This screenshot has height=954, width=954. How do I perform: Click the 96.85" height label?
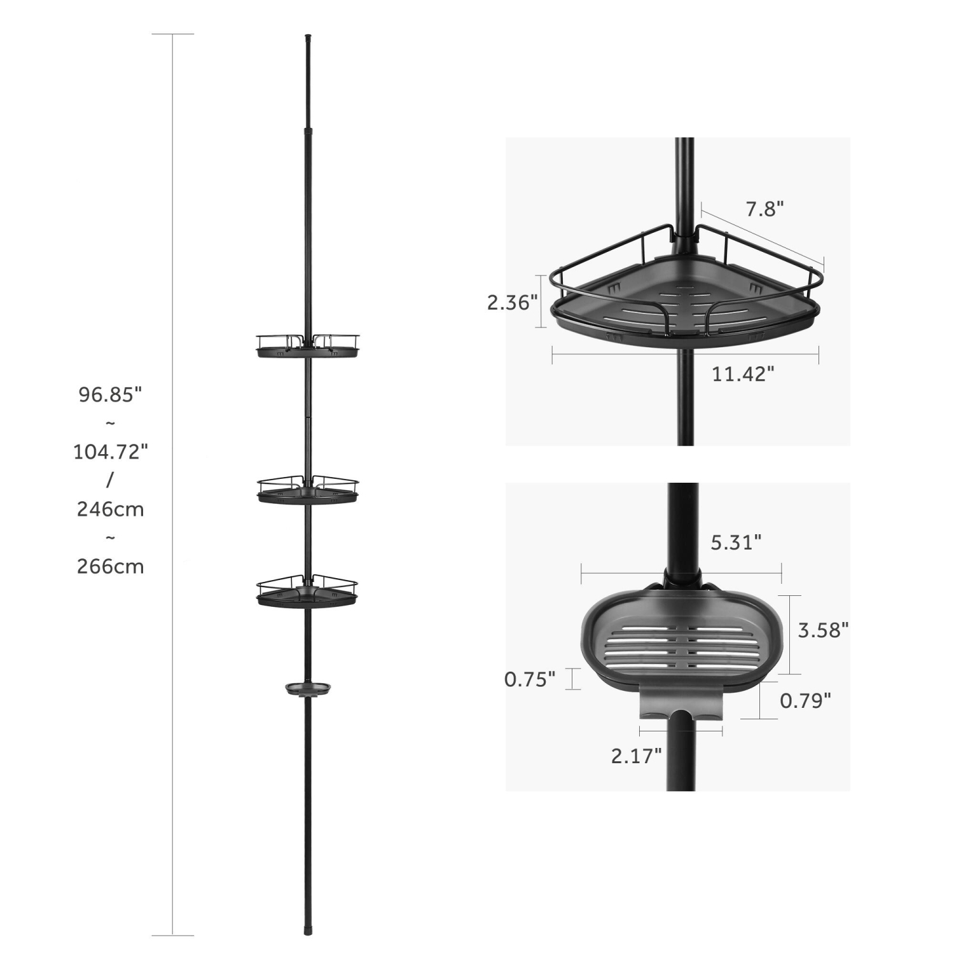(x=110, y=395)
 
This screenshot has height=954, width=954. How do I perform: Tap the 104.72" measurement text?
(x=110, y=452)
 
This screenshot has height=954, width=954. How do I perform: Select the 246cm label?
(x=110, y=509)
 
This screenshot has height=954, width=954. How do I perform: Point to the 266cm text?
(x=110, y=566)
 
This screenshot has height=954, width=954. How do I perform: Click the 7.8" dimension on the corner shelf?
(x=764, y=209)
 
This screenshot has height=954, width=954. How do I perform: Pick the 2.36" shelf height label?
(x=513, y=303)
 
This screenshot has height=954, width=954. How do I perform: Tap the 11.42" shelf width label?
(x=743, y=374)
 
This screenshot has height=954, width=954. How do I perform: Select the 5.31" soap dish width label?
(x=736, y=543)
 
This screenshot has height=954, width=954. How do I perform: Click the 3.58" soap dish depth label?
(x=823, y=630)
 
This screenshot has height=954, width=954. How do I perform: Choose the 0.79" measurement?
(x=805, y=700)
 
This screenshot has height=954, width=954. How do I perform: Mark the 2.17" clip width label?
(x=636, y=756)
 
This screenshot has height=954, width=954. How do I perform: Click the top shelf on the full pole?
(x=308, y=346)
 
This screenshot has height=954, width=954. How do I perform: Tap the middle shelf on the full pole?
(x=308, y=490)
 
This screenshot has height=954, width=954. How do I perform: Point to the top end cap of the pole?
(x=308, y=38)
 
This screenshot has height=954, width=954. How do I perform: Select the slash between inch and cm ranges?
(x=109, y=480)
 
